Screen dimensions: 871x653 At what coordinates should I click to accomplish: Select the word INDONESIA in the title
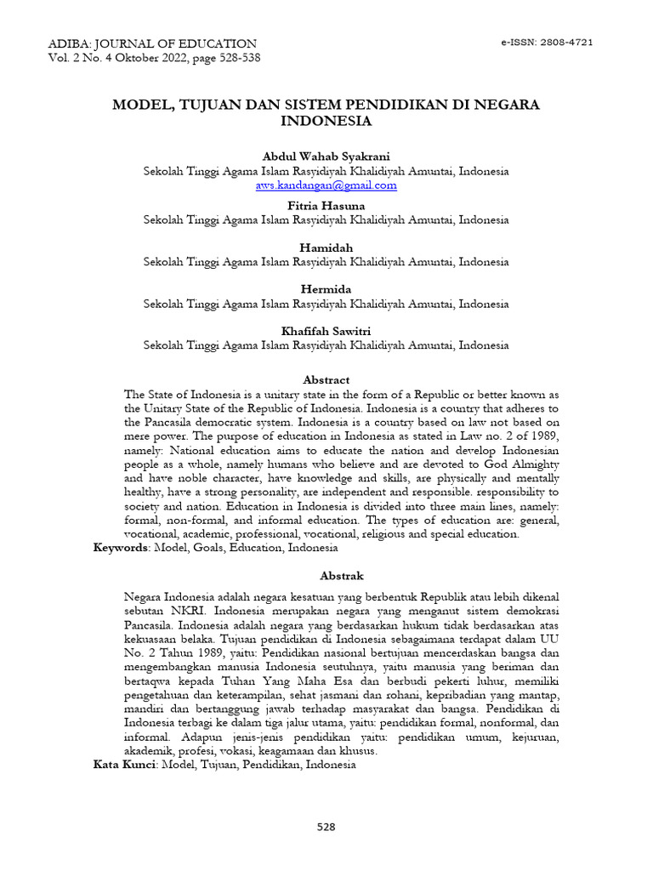[x=326, y=121]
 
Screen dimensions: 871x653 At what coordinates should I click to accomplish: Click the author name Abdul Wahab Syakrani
[x=326, y=157]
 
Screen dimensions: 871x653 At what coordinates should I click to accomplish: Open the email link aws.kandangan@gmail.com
[x=326, y=185]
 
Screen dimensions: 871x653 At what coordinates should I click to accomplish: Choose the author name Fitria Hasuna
[x=326, y=205]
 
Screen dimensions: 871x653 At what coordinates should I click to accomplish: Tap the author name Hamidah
[x=326, y=247]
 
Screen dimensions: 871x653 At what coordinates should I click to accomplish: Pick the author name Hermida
[x=326, y=289]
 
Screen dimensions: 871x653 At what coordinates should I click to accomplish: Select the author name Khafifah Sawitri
[x=326, y=331]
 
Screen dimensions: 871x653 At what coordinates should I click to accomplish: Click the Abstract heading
[x=326, y=379]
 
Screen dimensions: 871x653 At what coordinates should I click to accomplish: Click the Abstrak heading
[x=326, y=576]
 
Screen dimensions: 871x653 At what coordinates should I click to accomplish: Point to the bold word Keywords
[x=120, y=548]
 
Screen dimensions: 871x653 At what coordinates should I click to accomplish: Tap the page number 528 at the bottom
[x=326, y=827]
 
